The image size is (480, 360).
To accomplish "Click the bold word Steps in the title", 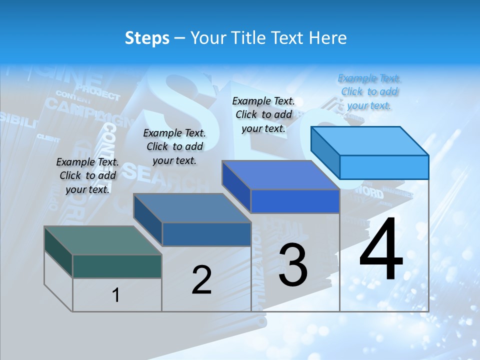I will (x=147, y=38).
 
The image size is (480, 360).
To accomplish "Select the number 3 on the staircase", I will (x=293, y=265).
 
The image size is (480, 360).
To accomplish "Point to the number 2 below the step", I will (x=201, y=280).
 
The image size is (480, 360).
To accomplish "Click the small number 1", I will (x=116, y=295).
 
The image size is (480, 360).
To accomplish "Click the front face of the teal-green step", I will (x=117, y=266).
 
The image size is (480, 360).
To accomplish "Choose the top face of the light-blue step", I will (x=370, y=140).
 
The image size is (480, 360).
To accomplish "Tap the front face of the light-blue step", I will (x=384, y=167).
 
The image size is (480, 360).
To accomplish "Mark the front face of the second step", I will (x=206, y=234).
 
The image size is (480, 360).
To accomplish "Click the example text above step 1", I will (x=87, y=175).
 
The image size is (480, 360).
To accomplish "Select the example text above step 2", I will (x=174, y=146).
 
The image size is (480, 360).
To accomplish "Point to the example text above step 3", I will (x=263, y=114).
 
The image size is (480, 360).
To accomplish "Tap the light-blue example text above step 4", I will (x=369, y=91).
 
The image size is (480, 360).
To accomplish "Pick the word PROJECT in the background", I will (x=98, y=92).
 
